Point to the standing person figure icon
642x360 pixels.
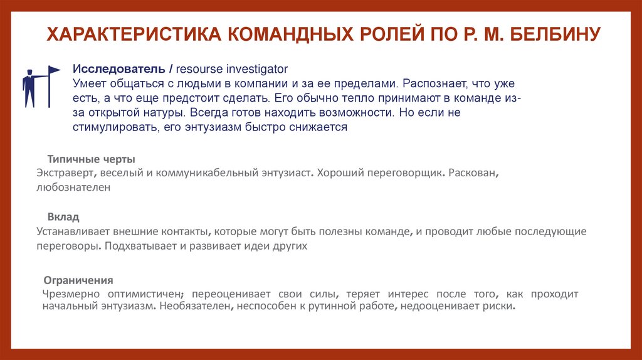[x=29, y=87]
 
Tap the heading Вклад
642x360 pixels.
[x=66, y=217]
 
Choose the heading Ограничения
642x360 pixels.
[x=78, y=280]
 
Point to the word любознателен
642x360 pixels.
[x=73, y=187]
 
